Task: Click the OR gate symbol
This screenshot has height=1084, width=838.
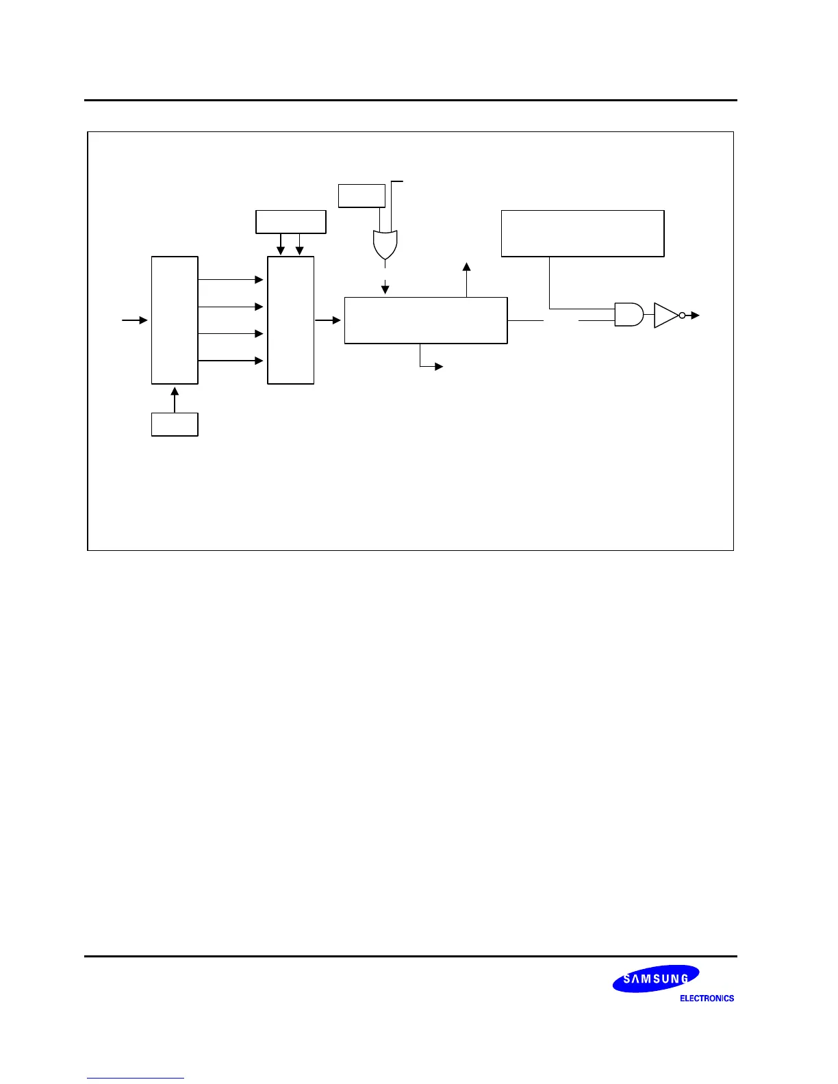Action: pyautogui.click(x=385, y=245)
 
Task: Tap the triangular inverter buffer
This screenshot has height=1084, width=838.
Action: pyautogui.click(x=665, y=315)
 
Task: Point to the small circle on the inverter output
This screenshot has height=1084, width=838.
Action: pyautogui.click(x=682, y=315)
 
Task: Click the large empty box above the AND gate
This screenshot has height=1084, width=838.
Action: pyautogui.click(x=583, y=233)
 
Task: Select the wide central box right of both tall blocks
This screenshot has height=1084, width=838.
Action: pyautogui.click(x=425, y=320)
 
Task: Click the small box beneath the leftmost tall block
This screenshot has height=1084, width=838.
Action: pyautogui.click(x=175, y=424)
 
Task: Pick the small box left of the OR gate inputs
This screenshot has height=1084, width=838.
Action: pyautogui.click(x=361, y=195)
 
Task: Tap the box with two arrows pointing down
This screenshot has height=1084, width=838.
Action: pyautogui.click(x=290, y=222)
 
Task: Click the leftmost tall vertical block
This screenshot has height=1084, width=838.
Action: pyautogui.click(x=175, y=320)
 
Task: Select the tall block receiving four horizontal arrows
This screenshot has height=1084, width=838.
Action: pyautogui.click(x=290, y=320)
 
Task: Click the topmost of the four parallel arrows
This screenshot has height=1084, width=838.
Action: pyautogui.click(x=231, y=279)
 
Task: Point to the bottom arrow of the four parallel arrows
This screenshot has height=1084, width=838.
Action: pyautogui.click(x=231, y=361)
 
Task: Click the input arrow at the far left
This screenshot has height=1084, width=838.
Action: pyautogui.click(x=135, y=320)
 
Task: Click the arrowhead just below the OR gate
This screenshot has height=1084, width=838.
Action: pyautogui.click(x=385, y=289)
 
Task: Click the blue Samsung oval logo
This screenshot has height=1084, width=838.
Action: pyautogui.click(x=655, y=979)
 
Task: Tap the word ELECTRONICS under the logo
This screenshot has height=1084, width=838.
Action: pyautogui.click(x=707, y=998)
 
